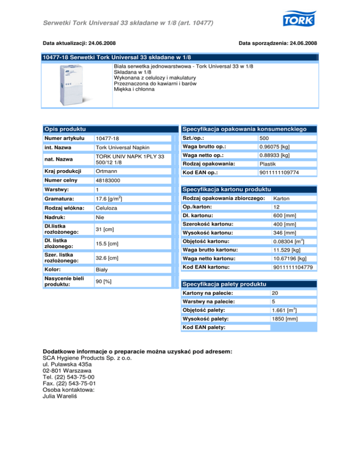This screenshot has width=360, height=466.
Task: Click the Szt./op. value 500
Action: (264, 139)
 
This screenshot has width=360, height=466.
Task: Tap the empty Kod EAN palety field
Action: (293, 327)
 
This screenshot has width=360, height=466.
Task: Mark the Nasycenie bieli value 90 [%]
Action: (103, 281)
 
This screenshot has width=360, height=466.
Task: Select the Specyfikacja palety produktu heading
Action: (224, 285)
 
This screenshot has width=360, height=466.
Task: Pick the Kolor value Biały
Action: (102, 270)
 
